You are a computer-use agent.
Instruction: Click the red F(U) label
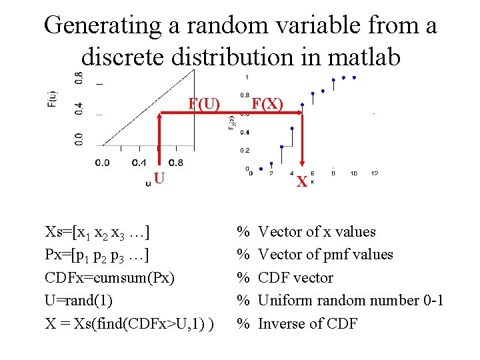pos(203,105)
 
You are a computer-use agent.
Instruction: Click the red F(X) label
pos(267,105)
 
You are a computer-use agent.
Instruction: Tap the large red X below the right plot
pos(302,181)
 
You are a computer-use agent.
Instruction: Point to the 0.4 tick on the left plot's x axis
pos(139,162)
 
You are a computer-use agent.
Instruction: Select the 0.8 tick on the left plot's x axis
pos(176,162)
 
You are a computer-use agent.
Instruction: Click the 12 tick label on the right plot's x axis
pos(374,173)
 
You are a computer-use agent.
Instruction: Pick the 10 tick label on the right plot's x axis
pos(353,173)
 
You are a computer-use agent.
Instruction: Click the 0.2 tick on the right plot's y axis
pos(245,150)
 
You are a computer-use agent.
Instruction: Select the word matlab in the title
pos(361,57)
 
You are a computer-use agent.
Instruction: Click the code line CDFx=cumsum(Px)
pos(109,277)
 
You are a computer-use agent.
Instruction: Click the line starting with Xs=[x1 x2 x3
pos(97,232)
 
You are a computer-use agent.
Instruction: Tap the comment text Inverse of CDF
pos(307,323)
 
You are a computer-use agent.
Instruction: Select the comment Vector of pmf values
pos(325,254)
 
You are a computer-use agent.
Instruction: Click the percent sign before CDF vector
pos(243,277)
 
